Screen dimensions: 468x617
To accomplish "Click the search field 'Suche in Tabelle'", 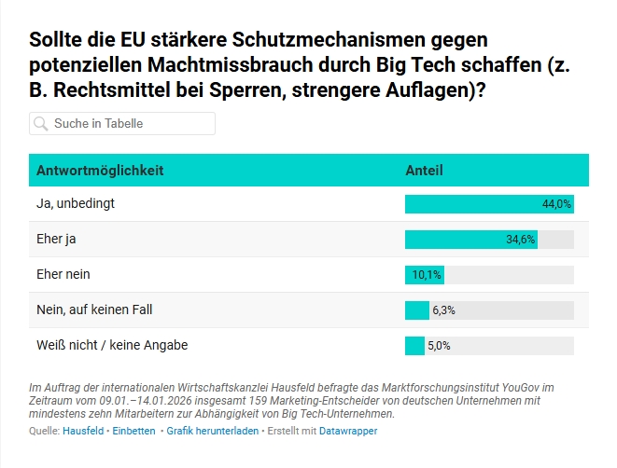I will [131, 123].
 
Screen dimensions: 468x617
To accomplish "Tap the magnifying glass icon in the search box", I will [41, 123].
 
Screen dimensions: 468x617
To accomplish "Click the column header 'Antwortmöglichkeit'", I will [100, 171].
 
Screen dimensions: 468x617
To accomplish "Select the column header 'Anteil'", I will [424, 171].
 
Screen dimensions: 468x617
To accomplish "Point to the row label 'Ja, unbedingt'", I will [75, 203].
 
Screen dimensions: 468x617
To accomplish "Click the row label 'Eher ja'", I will [56, 239].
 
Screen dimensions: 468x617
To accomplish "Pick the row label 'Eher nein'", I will [63, 274].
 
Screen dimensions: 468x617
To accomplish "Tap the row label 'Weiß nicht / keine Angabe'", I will [112, 345].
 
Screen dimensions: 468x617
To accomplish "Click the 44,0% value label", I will [556, 204].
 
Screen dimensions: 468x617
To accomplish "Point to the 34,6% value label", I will [521, 240].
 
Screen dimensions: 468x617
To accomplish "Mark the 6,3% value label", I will [443, 310].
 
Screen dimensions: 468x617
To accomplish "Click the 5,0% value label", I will [439, 346].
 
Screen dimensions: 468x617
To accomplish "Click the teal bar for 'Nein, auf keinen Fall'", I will [416, 310].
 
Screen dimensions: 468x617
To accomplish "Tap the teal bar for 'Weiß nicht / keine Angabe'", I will [414, 346].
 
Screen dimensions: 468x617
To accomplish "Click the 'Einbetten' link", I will [133, 432].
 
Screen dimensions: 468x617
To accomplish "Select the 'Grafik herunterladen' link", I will [212, 432].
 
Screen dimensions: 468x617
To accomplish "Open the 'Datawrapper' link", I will [348, 432].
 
